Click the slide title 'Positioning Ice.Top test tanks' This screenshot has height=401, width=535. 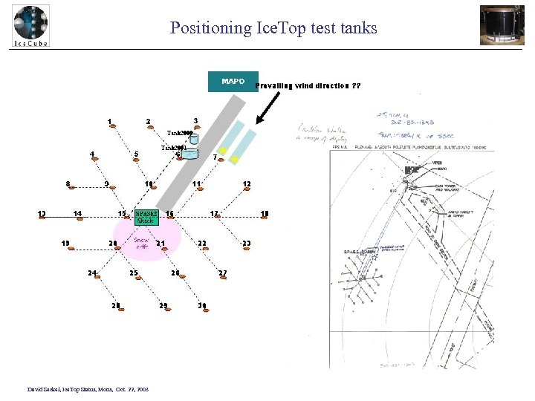pos(273,28)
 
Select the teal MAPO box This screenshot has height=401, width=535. pos(233,82)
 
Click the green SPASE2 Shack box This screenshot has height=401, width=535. pos(146,216)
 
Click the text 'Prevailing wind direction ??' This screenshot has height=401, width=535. pos(308,86)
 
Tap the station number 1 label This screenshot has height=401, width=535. pos(109,121)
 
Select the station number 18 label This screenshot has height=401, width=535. pos(265,214)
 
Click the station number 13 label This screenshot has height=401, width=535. pos(42,215)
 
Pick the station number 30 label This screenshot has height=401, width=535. pos(201,305)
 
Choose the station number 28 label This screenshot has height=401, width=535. pos(115,305)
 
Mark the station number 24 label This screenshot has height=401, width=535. pos(92,273)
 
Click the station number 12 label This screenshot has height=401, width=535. pos(247,184)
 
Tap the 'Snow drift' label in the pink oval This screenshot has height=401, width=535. pos(141,244)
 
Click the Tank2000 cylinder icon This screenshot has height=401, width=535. pos(194,138)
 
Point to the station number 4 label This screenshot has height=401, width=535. pos(91,154)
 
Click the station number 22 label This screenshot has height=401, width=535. pos(201,244)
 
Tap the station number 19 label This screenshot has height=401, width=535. pos(65,243)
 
